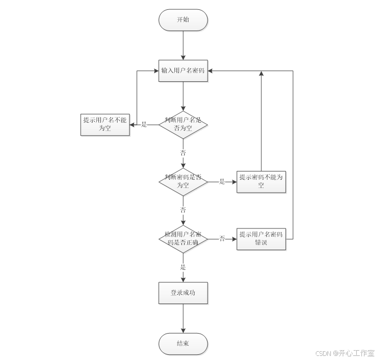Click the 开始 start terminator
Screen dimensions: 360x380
(x=183, y=20)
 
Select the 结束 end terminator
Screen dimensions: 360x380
(x=183, y=343)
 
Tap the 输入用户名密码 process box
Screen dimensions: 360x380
(x=183, y=71)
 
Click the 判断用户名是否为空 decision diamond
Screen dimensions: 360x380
(x=183, y=124)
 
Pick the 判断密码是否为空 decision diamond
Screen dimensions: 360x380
(x=183, y=181)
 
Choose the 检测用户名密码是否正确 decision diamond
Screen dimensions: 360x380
(x=183, y=239)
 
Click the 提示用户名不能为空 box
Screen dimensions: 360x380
(x=105, y=124)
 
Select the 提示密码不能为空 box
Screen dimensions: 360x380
(x=261, y=181)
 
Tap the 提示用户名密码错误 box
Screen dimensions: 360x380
(x=261, y=239)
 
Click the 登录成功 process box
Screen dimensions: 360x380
(x=183, y=293)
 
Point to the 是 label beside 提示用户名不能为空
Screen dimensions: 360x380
(x=144, y=125)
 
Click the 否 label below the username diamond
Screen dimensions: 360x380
(x=183, y=153)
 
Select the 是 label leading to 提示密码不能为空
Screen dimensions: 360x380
(x=222, y=182)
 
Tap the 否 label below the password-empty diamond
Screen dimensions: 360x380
(x=183, y=210)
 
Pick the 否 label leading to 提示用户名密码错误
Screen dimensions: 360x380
(x=222, y=239)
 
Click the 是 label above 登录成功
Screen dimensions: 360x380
(x=183, y=267)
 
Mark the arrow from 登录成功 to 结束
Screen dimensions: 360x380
(x=183, y=318)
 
